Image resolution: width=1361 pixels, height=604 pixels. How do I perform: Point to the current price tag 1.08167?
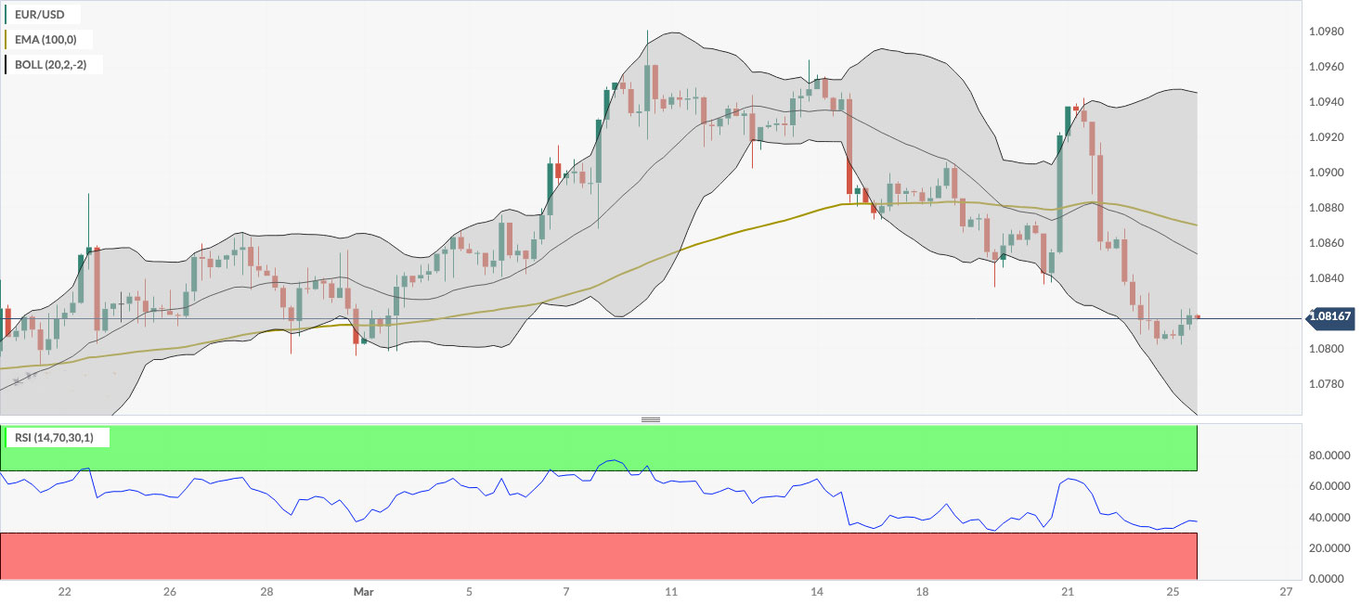[1330, 318]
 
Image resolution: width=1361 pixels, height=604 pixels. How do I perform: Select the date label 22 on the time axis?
[64, 592]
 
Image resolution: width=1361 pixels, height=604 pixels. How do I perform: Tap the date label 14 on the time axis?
[817, 592]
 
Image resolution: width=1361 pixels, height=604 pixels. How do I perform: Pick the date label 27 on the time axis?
[1286, 592]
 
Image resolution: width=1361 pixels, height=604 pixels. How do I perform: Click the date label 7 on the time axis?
[566, 592]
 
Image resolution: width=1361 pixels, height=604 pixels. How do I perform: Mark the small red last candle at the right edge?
[1198, 317]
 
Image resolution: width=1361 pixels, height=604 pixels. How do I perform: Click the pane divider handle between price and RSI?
[651, 420]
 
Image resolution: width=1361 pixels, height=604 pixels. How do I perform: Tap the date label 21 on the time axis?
[1068, 592]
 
